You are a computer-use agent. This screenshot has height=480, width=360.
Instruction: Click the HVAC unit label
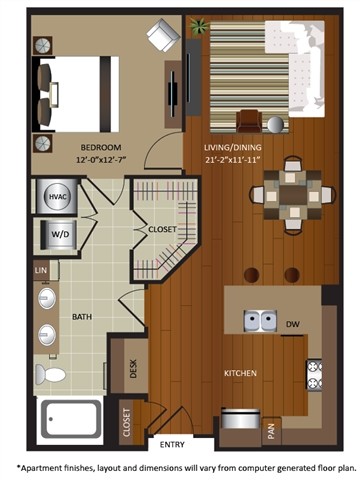pyautogui.click(x=56, y=198)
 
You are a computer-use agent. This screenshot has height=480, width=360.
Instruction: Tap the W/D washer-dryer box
pyautogui.click(x=56, y=236)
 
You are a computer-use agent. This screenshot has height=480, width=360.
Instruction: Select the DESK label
pyautogui.click(x=132, y=368)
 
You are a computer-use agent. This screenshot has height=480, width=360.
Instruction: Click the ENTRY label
pyautogui.click(x=173, y=444)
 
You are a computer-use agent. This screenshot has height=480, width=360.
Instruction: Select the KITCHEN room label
pyautogui.click(x=240, y=373)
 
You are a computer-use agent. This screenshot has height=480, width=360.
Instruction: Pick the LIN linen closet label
pyautogui.click(x=41, y=271)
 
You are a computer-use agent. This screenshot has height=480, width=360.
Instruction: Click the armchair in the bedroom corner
pyautogui.click(x=162, y=38)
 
